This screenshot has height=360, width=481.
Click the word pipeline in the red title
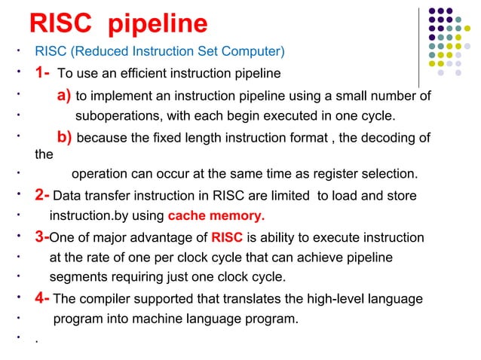[158, 26]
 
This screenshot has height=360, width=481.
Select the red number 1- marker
[41, 74]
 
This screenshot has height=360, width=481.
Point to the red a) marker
[65, 96]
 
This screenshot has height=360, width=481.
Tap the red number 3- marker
[41, 238]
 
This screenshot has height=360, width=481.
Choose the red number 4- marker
[42, 299]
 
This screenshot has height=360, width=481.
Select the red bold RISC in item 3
[227, 239]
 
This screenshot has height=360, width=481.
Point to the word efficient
[138, 75]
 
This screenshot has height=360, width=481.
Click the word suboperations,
[115, 117]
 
